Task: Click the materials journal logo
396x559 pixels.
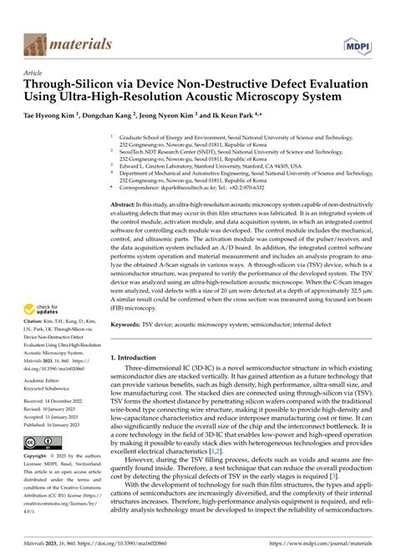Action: click(x=61, y=43)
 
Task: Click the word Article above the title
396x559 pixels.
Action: click(x=33, y=73)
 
